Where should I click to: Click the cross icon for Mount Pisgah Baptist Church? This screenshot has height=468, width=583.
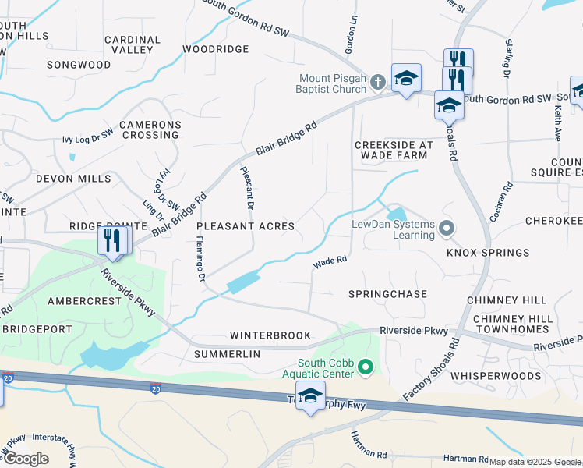tap(378, 81)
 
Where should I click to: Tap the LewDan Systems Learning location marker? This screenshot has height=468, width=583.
tap(447, 229)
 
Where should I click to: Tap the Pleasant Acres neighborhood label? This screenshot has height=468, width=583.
tap(246, 226)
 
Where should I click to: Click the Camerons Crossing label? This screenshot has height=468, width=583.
tap(150, 129)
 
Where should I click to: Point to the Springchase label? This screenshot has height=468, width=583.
tap(387, 294)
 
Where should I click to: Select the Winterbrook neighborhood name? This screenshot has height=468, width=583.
tap(270, 335)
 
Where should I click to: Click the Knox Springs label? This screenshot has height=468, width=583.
tap(488, 253)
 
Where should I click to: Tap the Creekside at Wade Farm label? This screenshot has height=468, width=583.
tap(393, 150)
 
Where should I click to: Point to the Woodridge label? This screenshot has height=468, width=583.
tap(216, 49)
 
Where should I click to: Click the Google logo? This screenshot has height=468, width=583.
tap(25, 459)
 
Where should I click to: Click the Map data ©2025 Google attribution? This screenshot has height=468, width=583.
tap(535, 462)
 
